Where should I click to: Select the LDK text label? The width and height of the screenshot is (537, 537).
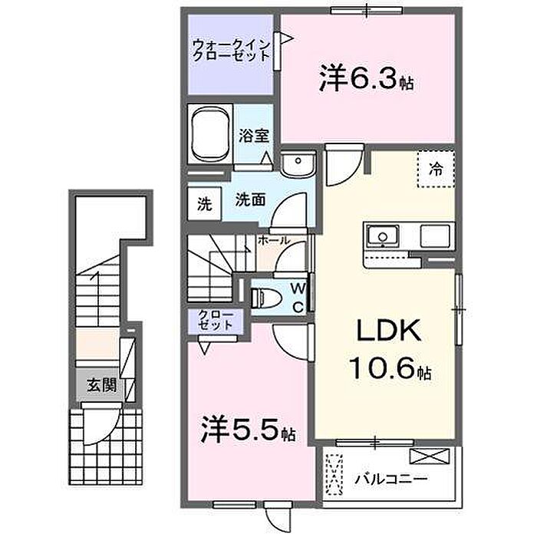click(x=389, y=330)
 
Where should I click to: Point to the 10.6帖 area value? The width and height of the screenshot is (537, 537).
click(x=390, y=367)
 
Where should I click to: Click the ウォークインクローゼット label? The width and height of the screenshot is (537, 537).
click(x=232, y=51)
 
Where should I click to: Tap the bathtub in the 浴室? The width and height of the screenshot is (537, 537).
click(x=210, y=133)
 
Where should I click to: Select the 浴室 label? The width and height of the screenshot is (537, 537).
click(x=254, y=136)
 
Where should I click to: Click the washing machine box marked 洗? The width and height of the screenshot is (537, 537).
click(x=205, y=205)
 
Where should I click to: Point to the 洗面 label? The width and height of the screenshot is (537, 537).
click(x=250, y=200)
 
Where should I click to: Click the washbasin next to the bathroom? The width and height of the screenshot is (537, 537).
click(x=298, y=164)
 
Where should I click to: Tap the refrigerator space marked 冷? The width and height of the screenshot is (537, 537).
click(x=436, y=169)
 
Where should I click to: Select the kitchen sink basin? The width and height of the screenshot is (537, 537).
click(x=383, y=236)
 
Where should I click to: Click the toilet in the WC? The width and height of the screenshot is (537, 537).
click(x=265, y=298)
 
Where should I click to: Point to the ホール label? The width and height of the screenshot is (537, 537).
click(x=274, y=240)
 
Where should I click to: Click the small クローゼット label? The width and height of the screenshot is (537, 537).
click(x=216, y=320)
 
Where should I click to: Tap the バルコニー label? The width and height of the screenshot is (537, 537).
click(x=391, y=478)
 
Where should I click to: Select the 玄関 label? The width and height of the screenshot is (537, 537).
click(x=102, y=385)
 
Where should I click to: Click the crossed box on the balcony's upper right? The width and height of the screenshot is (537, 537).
click(x=430, y=456)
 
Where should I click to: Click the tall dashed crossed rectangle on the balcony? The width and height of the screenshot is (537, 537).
click(x=334, y=474)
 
